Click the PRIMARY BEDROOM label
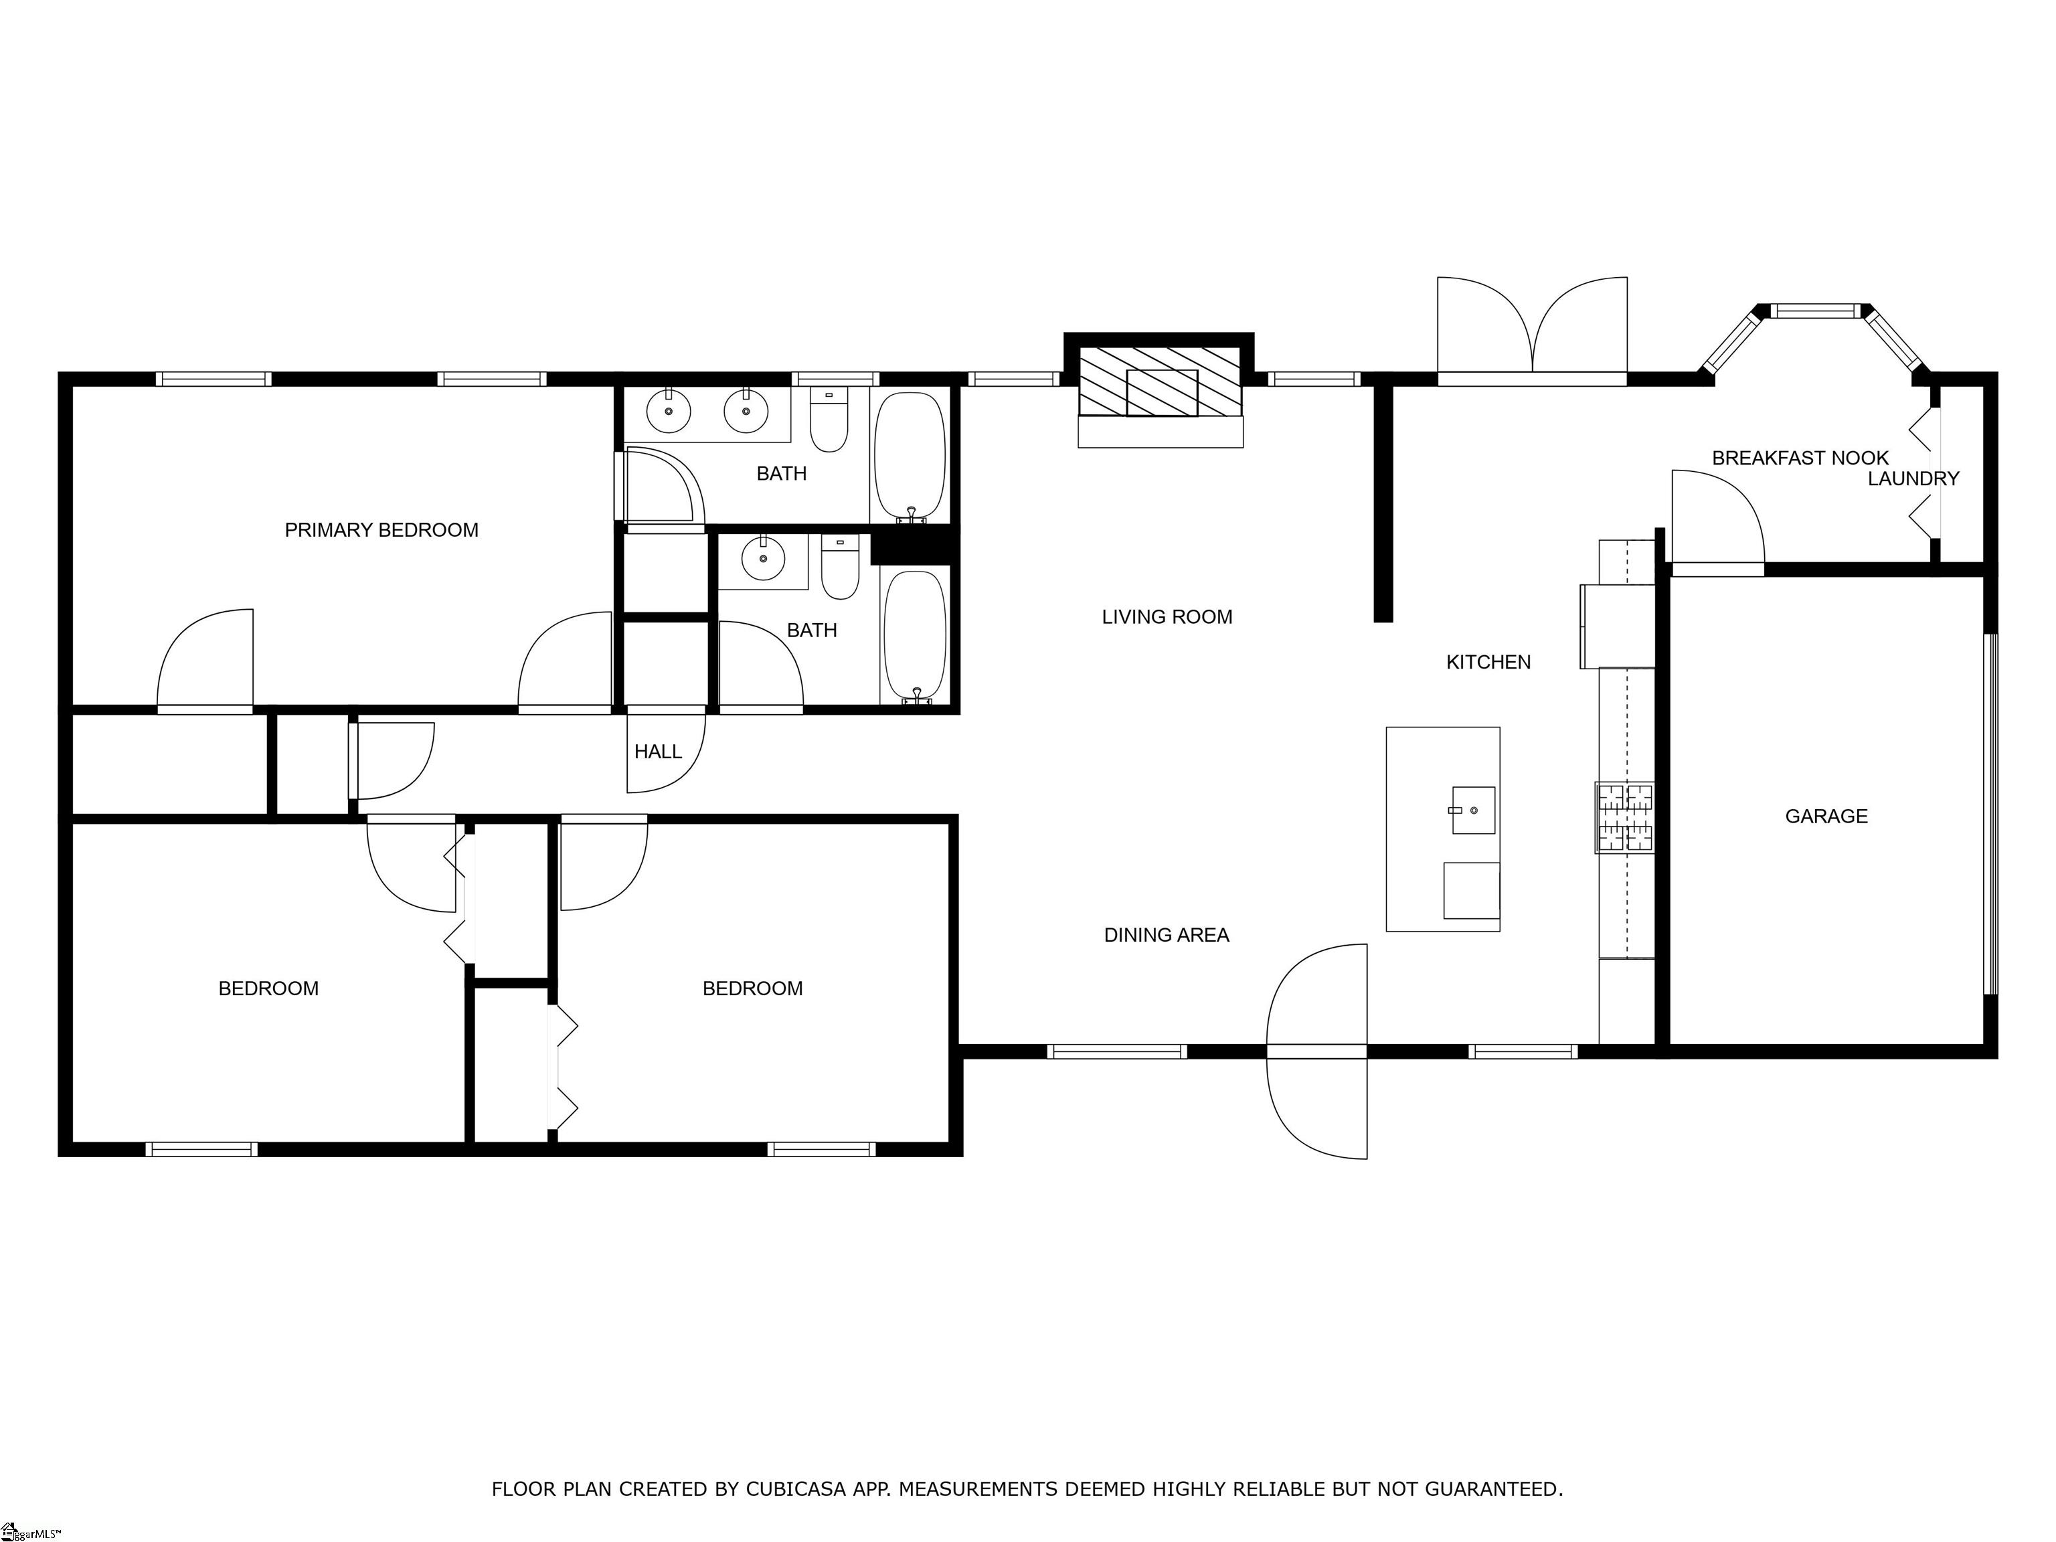[381, 530]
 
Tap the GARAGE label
[1826, 816]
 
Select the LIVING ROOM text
[1167, 616]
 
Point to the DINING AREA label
[1167, 935]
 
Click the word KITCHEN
[1488, 662]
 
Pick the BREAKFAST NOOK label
[1800, 457]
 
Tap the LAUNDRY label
[1913, 479]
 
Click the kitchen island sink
[1473, 810]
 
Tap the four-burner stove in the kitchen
[1626, 818]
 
